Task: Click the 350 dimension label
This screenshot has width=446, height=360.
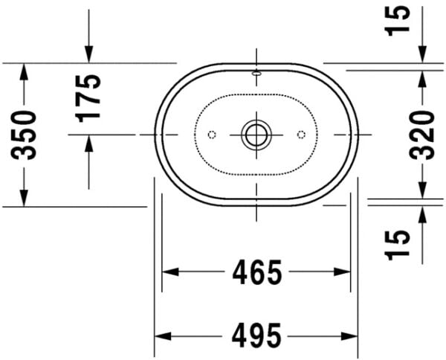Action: click(27, 135)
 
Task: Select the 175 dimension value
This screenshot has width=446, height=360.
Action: click(89, 97)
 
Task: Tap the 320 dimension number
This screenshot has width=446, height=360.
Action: click(422, 135)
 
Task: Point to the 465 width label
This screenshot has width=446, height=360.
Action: click(256, 272)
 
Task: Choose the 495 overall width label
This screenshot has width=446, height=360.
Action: click(256, 336)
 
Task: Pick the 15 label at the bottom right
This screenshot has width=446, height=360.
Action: click(398, 245)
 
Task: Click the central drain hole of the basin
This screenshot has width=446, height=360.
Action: click(256, 135)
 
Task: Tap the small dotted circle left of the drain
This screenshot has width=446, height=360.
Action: click(211, 135)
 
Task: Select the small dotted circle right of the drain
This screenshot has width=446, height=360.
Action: click(301, 135)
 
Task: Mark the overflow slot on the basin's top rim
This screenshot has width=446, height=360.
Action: click(256, 73)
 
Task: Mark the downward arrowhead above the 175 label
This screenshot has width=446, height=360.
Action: click(89, 54)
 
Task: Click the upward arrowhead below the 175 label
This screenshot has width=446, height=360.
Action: click(89, 144)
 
